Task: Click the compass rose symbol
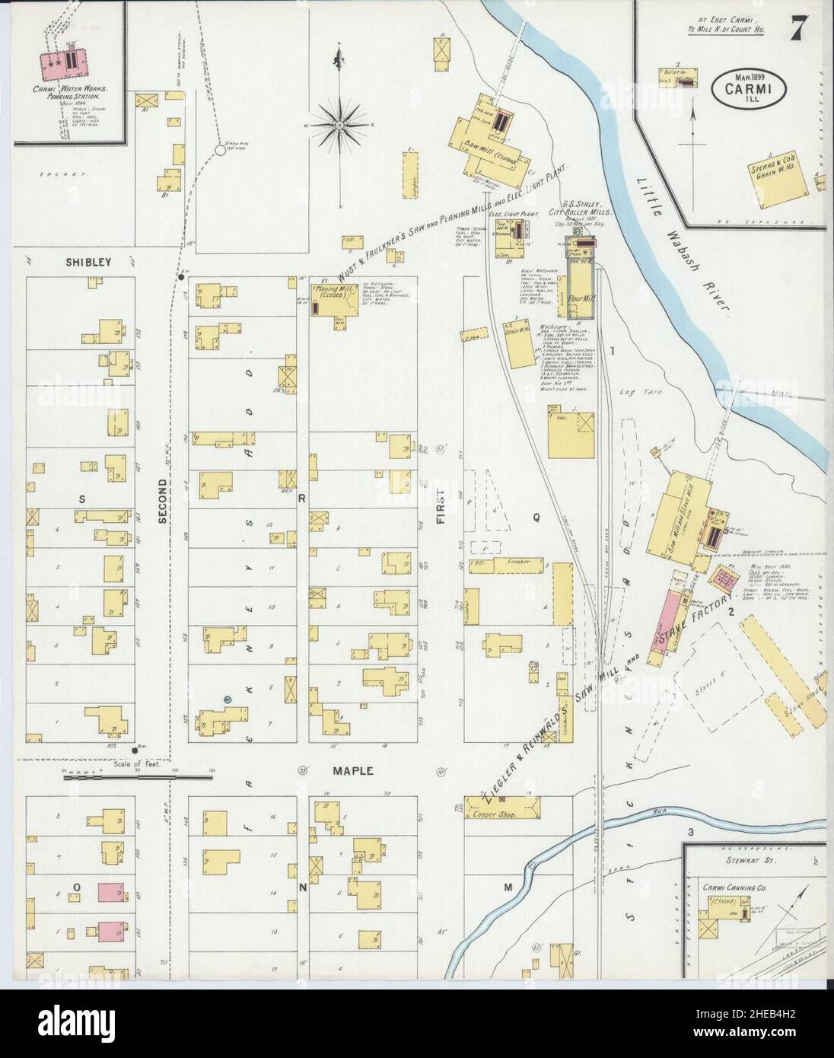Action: [x=340, y=123]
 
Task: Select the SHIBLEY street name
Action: [x=88, y=262]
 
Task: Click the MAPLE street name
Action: [x=352, y=771]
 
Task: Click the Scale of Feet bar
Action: [x=137, y=777]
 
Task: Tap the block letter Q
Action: [x=536, y=517]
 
